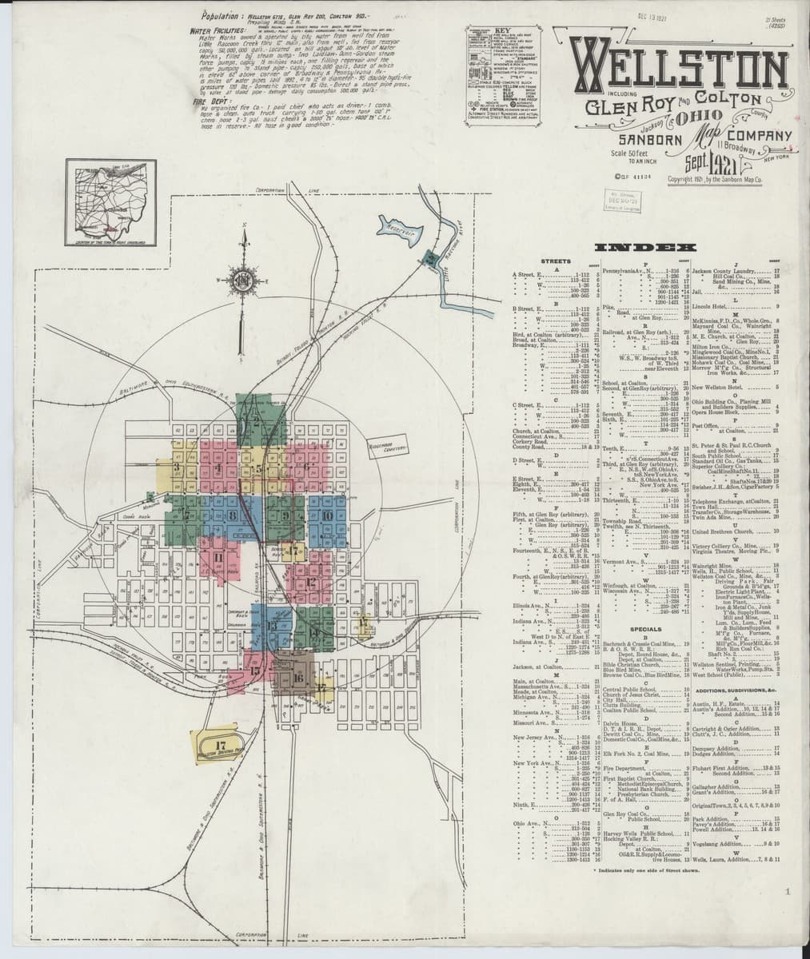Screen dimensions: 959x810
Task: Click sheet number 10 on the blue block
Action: pyautogui.click(x=328, y=515)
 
